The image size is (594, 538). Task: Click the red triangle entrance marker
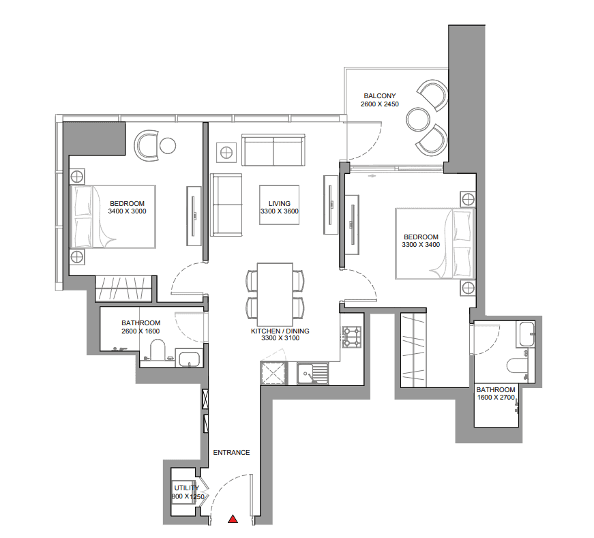pos(233,520)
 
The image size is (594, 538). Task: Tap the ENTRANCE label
pos(231,453)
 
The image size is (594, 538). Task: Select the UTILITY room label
pos(185,488)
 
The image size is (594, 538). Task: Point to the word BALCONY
pos(380,96)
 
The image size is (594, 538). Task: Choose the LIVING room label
pos(280,204)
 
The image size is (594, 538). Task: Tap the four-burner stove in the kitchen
pos(353,337)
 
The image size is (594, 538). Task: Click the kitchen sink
pos(312,374)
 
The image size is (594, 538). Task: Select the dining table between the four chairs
pos(275,293)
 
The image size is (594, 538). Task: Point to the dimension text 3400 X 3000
pos(128,211)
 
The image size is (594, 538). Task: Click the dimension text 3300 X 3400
pos(420,244)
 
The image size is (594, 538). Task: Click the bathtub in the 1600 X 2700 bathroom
pos(526,335)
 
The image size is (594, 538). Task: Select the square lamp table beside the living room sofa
pos(226,151)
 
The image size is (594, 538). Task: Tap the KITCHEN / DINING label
pos(280,331)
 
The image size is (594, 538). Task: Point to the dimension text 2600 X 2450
pos(379,104)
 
